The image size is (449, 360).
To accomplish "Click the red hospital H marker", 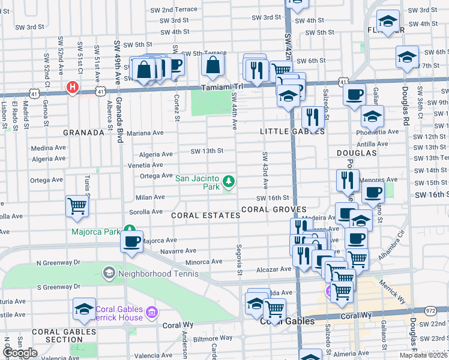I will pyautogui.click(x=73, y=88).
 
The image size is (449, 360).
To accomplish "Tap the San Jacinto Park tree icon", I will pyautogui.click(x=228, y=181).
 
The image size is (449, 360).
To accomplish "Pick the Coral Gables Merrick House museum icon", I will pyautogui.click(x=151, y=312).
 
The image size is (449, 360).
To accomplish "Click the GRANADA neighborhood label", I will pyautogui.click(x=84, y=132).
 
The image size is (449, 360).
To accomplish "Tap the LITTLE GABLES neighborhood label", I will pyautogui.click(x=292, y=131).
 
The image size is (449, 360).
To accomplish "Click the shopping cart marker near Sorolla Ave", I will pyautogui.click(x=77, y=206).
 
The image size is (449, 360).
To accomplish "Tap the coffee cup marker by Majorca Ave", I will pyautogui.click(x=131, y=241).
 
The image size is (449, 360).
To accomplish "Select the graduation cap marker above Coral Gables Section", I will pyautogui.click(x=84, y=308).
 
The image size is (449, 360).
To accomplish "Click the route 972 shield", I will pyautogui.click(x=430, y=310).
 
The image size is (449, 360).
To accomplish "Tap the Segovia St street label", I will pyautogui.click(x=239, y=260).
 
